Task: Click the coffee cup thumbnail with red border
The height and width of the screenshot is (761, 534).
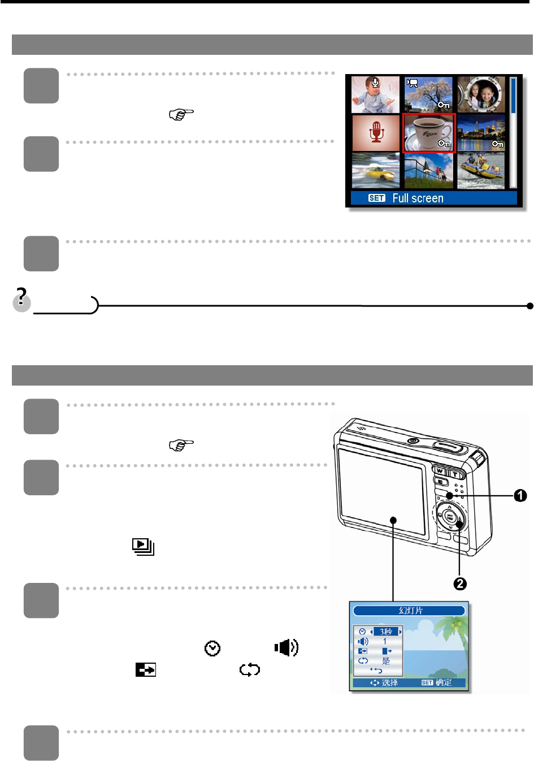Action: (429, 133)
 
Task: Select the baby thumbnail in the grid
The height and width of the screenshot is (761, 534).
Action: (375, 94)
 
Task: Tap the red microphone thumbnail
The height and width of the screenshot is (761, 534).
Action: (376, 133)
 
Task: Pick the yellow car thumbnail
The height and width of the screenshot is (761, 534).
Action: (375, 171)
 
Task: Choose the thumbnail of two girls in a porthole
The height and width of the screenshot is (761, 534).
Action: (481, 94)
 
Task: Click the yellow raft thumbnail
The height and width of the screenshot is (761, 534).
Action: (481, 171)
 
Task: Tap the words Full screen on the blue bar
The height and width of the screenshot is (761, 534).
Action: (418, 198)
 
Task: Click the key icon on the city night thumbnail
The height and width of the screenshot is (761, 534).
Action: (497, 144)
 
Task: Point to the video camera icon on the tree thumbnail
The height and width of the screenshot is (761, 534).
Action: (413, 84)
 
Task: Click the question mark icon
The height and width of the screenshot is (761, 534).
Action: (21, 299)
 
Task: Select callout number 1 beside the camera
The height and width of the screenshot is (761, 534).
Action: (520, 496)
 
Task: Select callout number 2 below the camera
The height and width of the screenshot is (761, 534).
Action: (460, 583)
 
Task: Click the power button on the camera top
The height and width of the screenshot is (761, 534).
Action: (413, 440)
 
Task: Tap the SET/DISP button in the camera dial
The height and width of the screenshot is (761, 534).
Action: (450, 516)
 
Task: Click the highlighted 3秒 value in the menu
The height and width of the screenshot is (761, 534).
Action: (386, 632)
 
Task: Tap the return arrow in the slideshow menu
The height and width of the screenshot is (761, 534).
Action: (376, 670)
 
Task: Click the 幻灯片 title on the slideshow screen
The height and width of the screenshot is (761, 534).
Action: (410, 611)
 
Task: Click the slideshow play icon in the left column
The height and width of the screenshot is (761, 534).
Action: (143, 546)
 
